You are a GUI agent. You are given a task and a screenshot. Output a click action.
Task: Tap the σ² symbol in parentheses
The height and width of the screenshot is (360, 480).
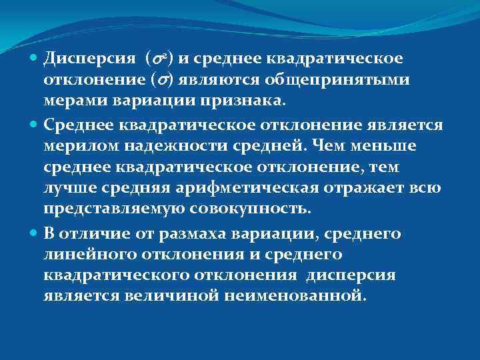(x=158, y=59)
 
